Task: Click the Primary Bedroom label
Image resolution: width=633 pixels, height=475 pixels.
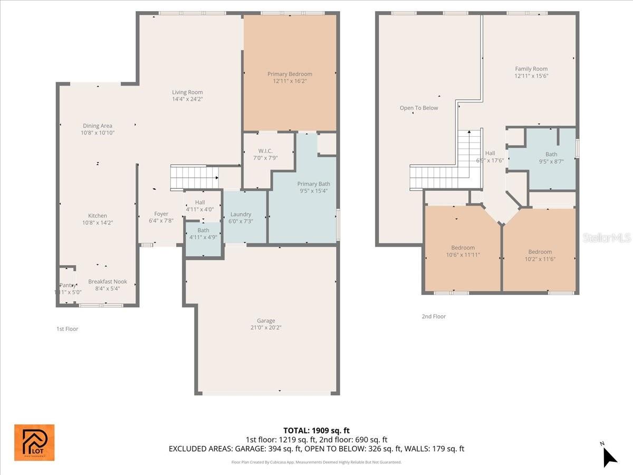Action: point(290,74)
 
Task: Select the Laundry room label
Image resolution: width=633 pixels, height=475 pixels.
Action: point(241,214)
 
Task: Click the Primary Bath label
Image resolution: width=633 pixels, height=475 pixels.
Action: point(313,184)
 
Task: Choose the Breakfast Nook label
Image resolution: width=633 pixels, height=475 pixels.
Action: point(108,282)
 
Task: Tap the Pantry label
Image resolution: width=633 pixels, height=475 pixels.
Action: point(68,285)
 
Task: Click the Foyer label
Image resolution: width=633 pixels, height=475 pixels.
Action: point(161,214)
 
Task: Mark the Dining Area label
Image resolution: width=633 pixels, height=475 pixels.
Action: point(98,126)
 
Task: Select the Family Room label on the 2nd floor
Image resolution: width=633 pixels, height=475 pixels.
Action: point(531,69)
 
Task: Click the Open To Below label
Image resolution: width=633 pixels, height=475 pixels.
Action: point(419,108)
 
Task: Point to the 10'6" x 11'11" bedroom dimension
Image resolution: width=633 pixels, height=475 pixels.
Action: point(463,255)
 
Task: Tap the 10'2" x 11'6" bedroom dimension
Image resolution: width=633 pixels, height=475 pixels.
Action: point(540,259)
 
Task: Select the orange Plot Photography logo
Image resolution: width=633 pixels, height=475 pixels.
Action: point(34,442)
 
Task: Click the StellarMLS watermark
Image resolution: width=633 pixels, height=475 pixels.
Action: point(606,238)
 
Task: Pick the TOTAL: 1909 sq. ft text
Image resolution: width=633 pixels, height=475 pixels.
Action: point(316,430)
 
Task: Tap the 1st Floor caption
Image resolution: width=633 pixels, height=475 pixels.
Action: point(68,329)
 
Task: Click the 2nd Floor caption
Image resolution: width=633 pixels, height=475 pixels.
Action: point(434,317)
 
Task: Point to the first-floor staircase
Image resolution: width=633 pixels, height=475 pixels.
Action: point(194,177)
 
